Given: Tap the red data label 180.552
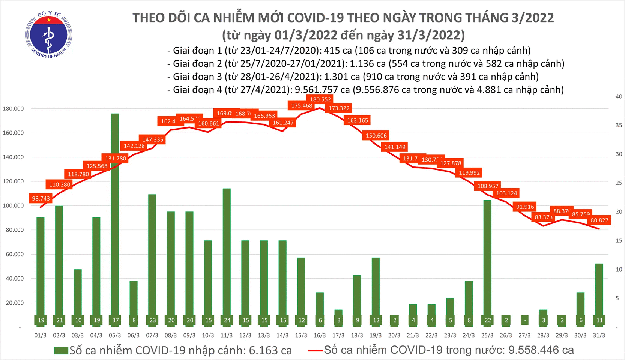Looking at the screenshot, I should coord(320,99).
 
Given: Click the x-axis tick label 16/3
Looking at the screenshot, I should coord(319,335).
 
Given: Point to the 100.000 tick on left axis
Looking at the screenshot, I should coord(13,205).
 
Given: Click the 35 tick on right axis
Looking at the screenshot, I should coord(619,125).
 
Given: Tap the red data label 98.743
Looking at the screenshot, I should coord(41,198).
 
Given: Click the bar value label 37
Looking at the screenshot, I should coord(115,320).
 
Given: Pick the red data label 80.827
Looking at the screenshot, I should coord(599,220).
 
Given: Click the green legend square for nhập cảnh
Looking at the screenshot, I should coord(61,351).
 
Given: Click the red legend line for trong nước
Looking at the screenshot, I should coord(315,351).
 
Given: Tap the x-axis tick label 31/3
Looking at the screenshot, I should coord(599,335).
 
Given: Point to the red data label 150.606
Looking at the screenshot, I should coord(376,136).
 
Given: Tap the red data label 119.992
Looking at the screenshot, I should coord(469,173).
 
